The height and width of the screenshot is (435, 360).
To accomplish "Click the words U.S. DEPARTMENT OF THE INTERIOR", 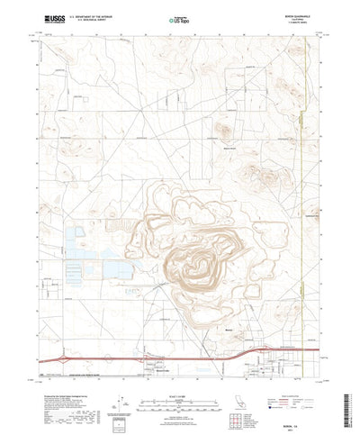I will point(94,15).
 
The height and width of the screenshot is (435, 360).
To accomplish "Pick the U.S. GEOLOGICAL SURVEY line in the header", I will point(94,19).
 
